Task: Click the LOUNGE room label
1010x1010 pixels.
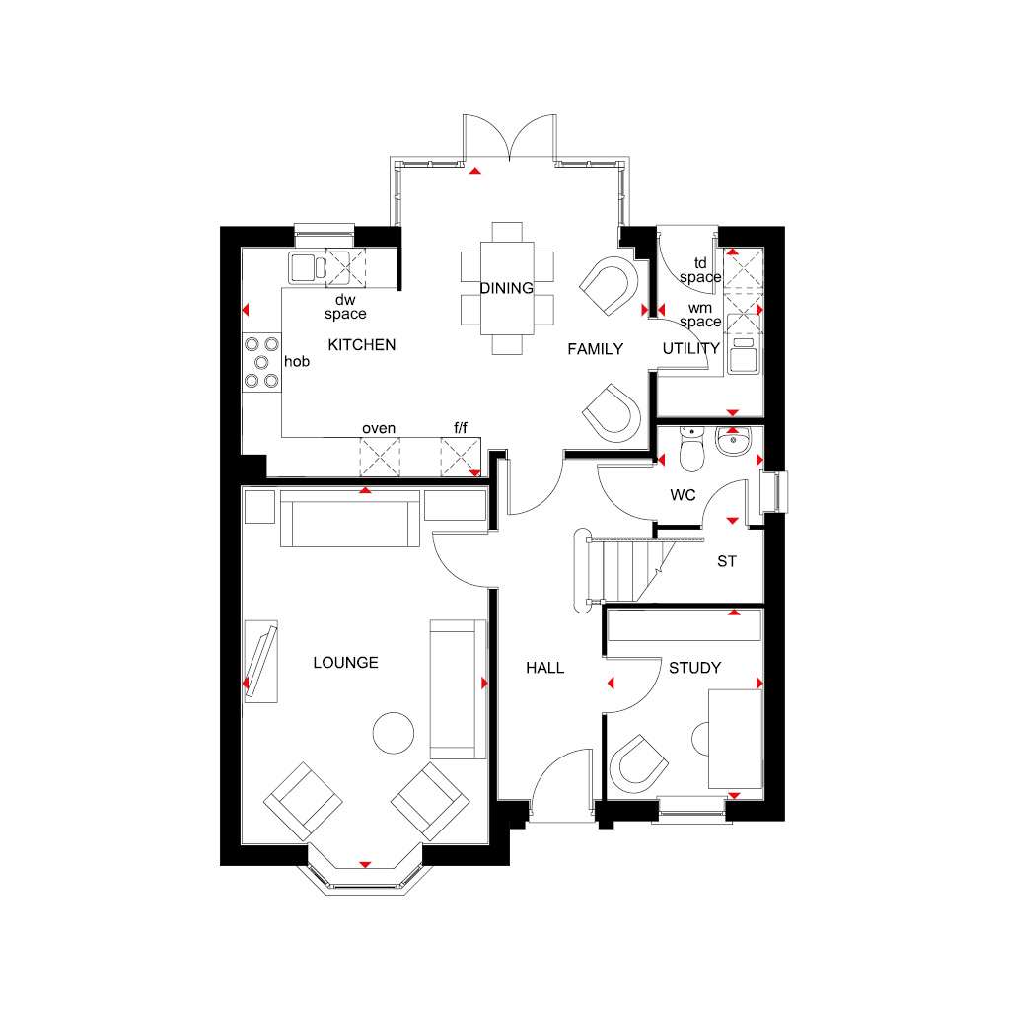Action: click(x=345, y=662)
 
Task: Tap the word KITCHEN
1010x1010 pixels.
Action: click(x=361, y=344)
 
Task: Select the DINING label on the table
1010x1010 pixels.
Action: click(x=506, y=288)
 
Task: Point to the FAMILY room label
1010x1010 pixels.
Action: click(x=595, y=349)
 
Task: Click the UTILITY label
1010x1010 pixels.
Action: click(x=691, y=348)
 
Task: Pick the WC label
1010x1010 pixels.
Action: click(x=683, y=495)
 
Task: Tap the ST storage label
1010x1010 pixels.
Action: click(x=727, y=561)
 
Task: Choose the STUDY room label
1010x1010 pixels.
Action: click(x=694, y=668)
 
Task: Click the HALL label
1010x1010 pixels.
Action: click(x=544, y=668)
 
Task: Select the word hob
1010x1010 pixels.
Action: click(x=297, y=361)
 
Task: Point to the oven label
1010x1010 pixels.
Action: click(x=379, y=428)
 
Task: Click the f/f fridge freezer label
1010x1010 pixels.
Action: click(x=461, y=427)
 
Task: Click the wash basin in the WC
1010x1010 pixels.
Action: click(x=733, y=441)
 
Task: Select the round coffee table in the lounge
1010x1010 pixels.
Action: click(x=393, y=733)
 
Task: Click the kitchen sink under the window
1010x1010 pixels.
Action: click(x=308, y=267)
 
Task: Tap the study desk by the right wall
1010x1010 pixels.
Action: click(x=735, y=739)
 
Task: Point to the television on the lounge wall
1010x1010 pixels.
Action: click(x=261, y=662)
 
